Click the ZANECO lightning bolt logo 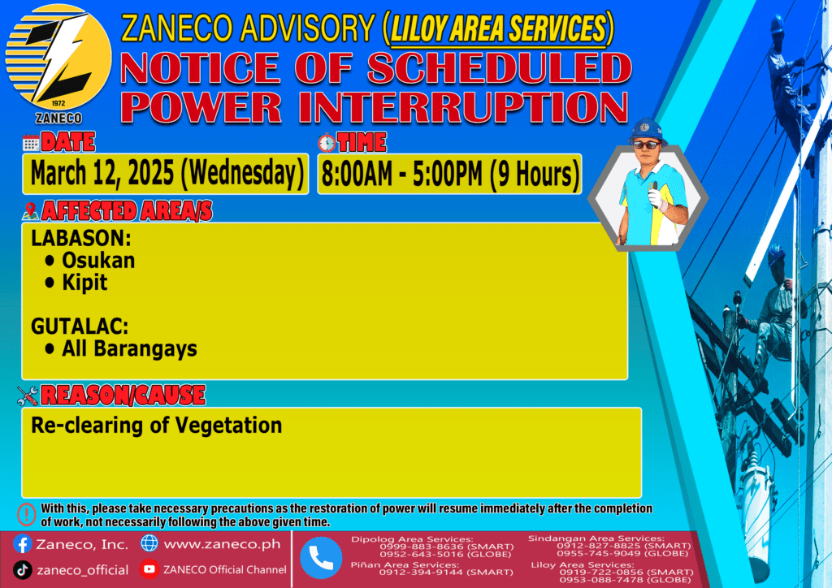pos(58,58)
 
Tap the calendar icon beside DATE pos(31,143)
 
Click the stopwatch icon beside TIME pos(327,143)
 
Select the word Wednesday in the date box pos(242,173)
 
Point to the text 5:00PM pos(448,174)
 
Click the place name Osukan pos(98,261)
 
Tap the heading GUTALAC pos(80,326)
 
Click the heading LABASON pos(80,239)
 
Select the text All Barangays pos(129,349)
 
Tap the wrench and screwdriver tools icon pos(28,396)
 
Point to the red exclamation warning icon pos(26,514)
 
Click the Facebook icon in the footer pos(22,544)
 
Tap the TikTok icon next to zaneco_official pos(22,570)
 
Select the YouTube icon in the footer pos(149,569)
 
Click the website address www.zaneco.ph pos(222,544)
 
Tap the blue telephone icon pos(321,558)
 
